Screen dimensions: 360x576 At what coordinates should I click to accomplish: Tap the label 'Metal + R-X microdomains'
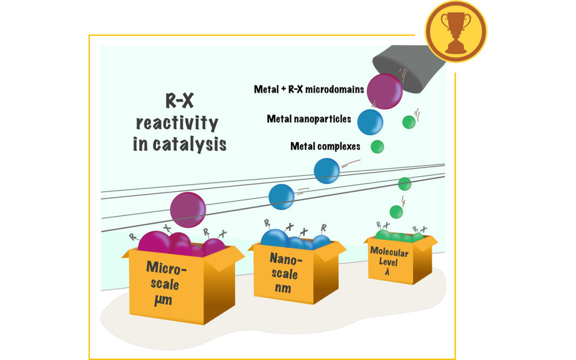click(x=309, y=89)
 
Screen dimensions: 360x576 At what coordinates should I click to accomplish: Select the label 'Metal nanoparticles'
click(x=309, y=119)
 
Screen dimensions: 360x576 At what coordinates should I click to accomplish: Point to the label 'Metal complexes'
click(x=325, y=146)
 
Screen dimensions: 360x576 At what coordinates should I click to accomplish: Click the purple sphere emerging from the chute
click(x=384, y=91)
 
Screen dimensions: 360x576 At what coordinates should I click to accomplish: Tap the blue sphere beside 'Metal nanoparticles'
click(x=370, y=122)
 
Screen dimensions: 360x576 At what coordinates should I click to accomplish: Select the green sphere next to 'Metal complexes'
click(x=377, y=146)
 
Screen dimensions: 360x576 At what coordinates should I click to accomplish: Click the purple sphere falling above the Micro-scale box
click(x=188, y=210)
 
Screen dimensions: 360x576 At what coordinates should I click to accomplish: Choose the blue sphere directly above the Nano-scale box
click(x=282, y=196)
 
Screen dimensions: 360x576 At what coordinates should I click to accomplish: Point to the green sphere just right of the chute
click(x=408, y=122)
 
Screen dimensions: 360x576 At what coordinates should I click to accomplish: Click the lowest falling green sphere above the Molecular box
click(x=396, y=211)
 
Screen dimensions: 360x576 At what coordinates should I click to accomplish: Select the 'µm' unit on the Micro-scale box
click(x=165, y=300)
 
